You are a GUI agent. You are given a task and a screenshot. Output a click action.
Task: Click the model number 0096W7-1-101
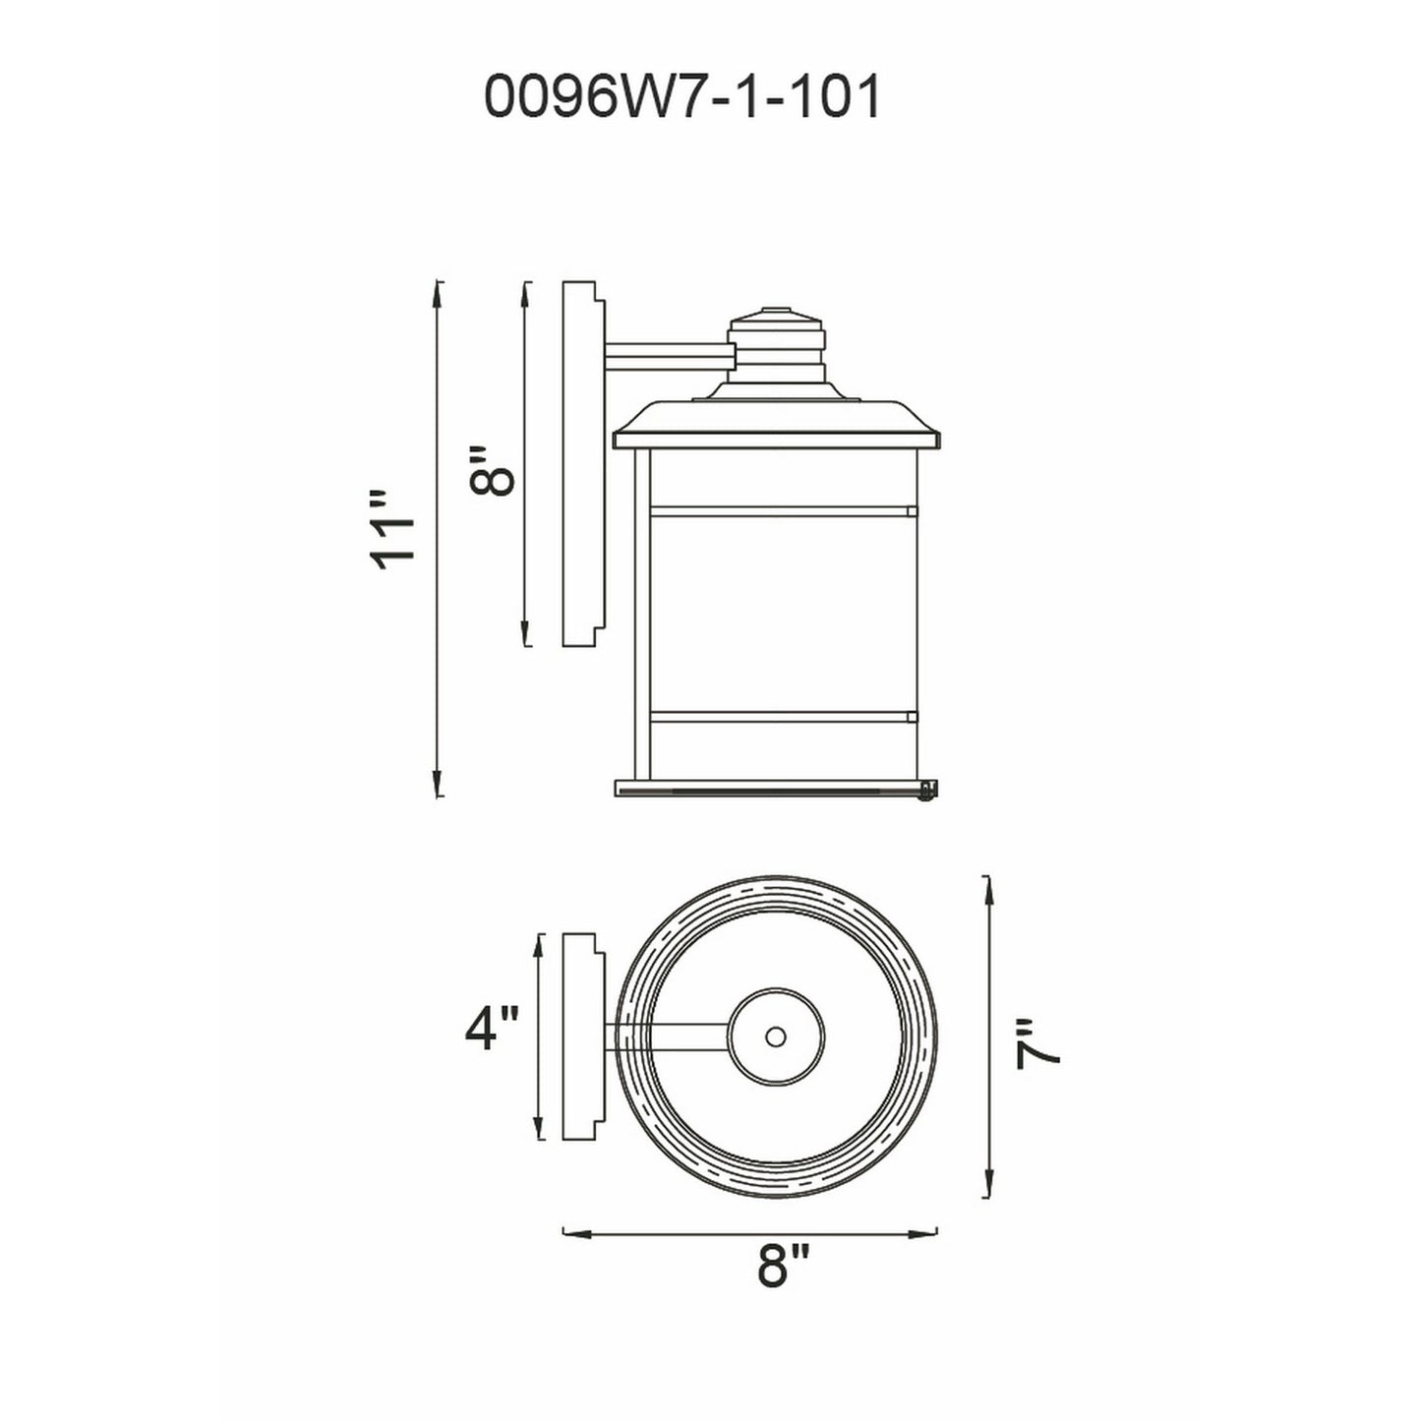(682, 98)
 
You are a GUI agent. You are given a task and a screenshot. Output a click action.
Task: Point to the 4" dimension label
(491, 1030)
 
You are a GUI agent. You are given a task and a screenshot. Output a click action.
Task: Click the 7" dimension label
(1039, 1045)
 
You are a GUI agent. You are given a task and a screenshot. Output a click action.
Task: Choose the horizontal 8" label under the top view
(783, 1266)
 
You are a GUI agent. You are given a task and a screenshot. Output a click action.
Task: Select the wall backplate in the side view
(581, 463)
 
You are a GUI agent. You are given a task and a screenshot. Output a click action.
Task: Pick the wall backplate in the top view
(581, 1036)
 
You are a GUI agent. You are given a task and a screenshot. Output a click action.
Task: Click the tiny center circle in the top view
(775, 1036)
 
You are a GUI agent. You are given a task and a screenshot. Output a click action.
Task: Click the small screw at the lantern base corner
(925, 791)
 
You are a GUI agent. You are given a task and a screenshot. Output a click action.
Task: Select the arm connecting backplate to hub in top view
(669, 1036)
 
